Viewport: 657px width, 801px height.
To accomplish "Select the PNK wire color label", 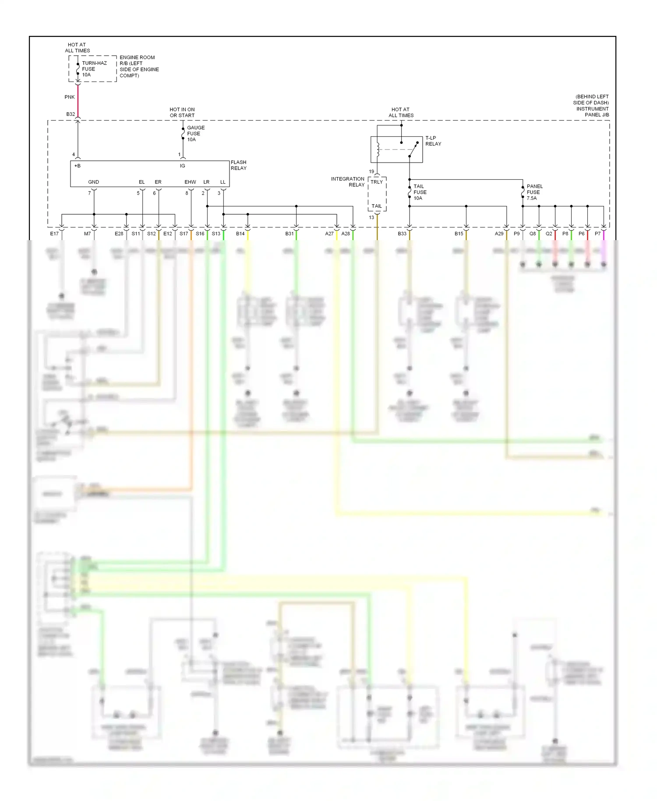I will pyautogui.click(x=69, y=97).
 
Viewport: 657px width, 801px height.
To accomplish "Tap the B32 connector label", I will pyautogui.click(x=71, y=114).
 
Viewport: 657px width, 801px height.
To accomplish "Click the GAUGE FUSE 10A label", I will pyautogui.click(x=195, y=134).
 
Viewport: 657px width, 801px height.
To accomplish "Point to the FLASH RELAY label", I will pyautogui.click(x=238, y=165).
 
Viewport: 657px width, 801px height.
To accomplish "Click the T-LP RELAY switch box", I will pyautogui.click(x=396, y=149).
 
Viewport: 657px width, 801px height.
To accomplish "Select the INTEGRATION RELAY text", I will pyautogui.click(x=348, y=182).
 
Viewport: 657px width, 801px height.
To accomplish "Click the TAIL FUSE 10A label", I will pyautogui.click(x=420, y=192).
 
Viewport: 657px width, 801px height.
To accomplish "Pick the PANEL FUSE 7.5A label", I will pyautogui.click(x=534, y=192).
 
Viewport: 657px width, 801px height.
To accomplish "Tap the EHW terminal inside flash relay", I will pyautogui.click(x=190, y=182).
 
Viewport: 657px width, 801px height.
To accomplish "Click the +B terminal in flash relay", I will pyautogui.click(x=78, y=166).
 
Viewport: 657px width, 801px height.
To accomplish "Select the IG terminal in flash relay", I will pyautogui.click(x=182, y=166).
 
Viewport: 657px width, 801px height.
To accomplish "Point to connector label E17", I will pyautogui.click(x=54, y=234).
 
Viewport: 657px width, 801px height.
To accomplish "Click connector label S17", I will pyautogui.click(x=184, y=234).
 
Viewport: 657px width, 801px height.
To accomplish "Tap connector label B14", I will pyautogui.click(x=240, y=234).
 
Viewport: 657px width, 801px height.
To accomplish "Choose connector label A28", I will pyautogui.click(x=346, y=234).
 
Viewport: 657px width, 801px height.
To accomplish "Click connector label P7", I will pyautogui.click(x=597, y=234).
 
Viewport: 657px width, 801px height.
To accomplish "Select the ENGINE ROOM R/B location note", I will pyautogui.click(x=139, y=67).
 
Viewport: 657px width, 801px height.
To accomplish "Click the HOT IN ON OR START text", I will pyautogui.click(x=182, y=113).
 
